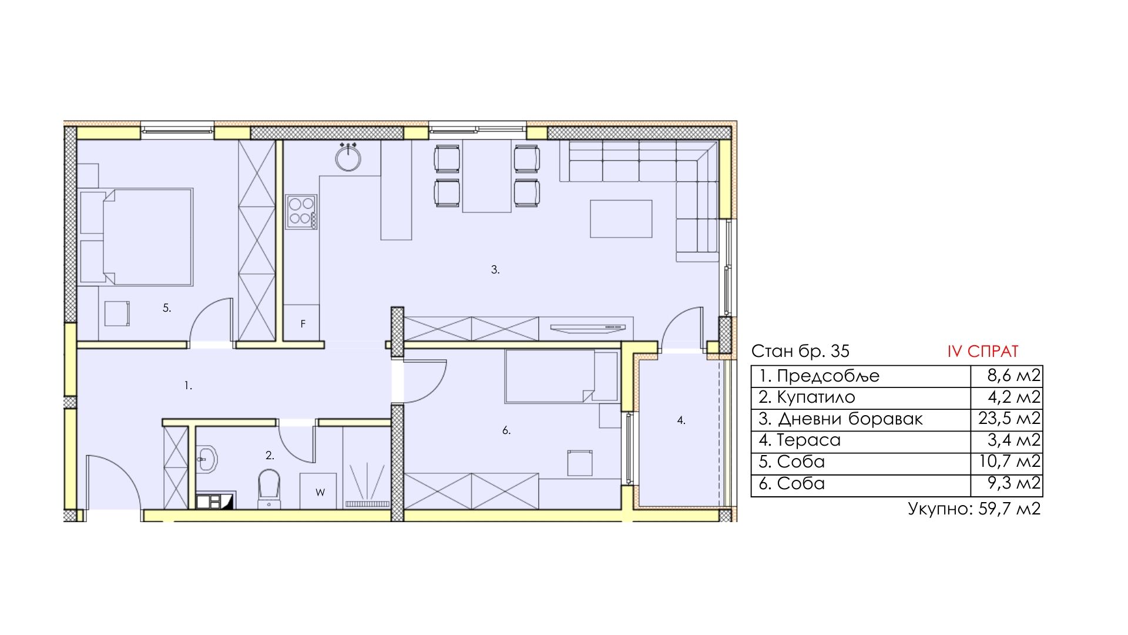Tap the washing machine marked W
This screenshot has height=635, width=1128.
point(318,491)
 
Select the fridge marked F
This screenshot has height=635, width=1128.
point(301,323)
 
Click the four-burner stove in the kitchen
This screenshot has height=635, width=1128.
point(301,212)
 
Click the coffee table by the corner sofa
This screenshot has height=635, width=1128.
point(621,219)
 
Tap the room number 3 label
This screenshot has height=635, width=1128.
point(495,270)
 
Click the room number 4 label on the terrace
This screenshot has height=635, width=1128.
point(681,420)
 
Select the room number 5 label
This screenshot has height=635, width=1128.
point(167,308)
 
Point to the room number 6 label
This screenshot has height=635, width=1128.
point(506,430)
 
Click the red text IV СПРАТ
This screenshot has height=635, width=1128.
point(983,352)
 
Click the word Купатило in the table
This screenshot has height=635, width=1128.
point(816,397)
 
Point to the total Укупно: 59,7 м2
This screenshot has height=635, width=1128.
point(974,508)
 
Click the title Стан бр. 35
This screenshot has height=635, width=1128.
point(800,351)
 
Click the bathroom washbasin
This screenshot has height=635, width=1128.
point(206,459)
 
